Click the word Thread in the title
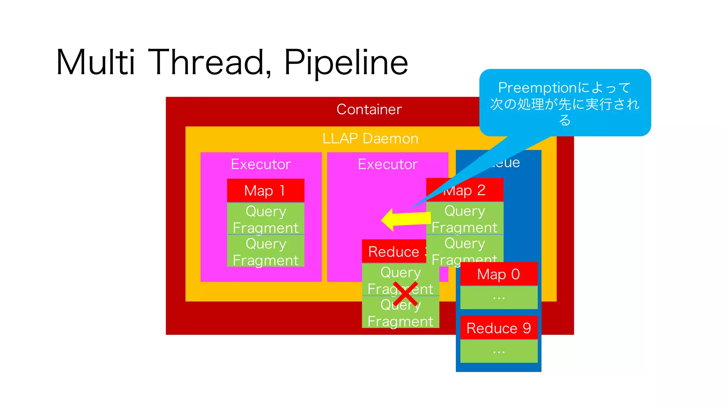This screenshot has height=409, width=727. pos(208,62)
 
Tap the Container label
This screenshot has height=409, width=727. pos(369,109)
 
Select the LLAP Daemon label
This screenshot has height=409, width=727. pos(370,138)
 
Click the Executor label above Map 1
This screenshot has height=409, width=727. pos(261,164)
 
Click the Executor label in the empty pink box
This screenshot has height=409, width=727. pos(388,164)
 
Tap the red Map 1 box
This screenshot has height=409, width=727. pos(266,191)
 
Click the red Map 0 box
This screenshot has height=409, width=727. pos(498,274)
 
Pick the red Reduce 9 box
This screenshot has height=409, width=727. pos(498,328)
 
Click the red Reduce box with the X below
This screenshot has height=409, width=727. pos(393,251)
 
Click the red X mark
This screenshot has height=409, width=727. pos(405,294)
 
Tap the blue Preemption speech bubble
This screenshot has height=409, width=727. pos(565,103)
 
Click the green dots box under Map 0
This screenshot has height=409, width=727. pos(498,298)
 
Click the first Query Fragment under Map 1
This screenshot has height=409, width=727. pos(266,219)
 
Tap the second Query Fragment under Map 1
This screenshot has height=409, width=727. pos(266,251)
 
